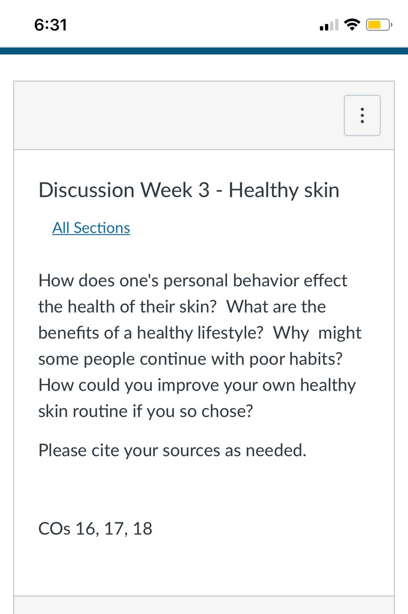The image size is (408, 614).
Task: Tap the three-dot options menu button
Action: coord(362,115)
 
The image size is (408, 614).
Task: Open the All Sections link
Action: coord(91,228)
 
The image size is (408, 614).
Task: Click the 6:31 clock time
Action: coord(51,25)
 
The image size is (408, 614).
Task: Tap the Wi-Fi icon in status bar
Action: coord(352,25)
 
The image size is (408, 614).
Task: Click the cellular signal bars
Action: coord(329,25)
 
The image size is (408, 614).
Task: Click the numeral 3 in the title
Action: coord(204,190)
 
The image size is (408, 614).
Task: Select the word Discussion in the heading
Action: coord(86,190)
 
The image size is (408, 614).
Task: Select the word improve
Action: coord(188,386)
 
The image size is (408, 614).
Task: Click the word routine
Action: coord(100,411)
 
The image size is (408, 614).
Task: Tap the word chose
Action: coord(227,411)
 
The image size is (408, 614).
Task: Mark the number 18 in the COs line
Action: coord(143,529)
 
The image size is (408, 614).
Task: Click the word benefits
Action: coord(69,333)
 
